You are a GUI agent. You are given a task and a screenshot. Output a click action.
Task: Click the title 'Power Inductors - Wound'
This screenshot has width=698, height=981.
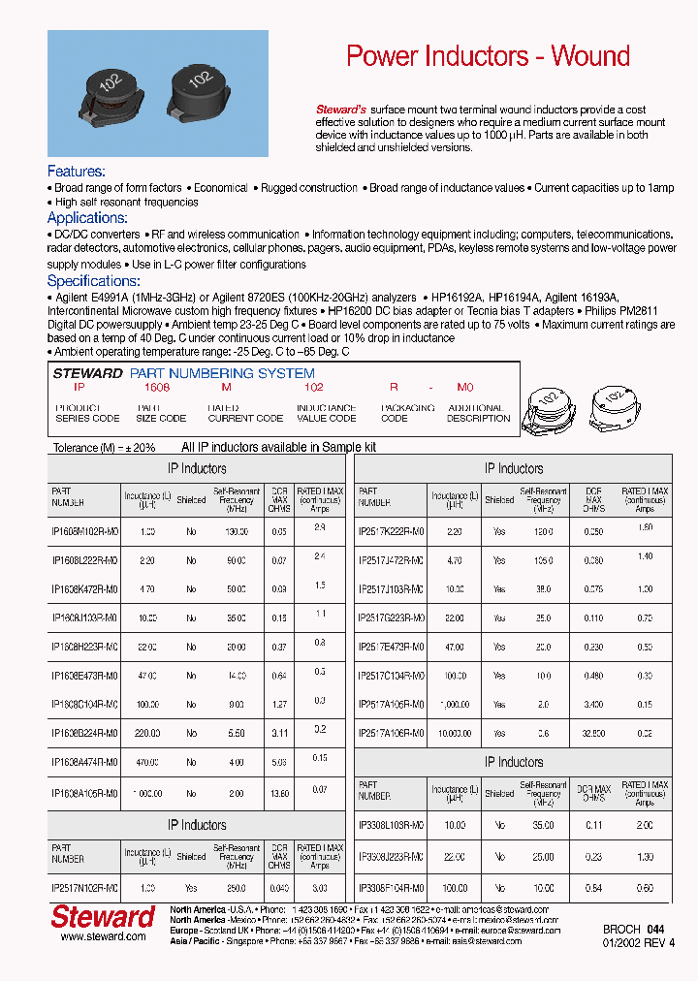(x=488, y=56)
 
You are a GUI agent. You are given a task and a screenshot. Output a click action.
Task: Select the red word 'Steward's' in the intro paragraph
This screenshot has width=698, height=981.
(x=341, y=111)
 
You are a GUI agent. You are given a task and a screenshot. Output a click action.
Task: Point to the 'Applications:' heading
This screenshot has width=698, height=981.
(x=87, y=218)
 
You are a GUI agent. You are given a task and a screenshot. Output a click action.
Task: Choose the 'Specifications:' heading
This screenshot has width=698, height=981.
(x=94, y=280)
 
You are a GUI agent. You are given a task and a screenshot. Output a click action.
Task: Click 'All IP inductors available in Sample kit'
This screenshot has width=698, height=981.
(x=279, y=447)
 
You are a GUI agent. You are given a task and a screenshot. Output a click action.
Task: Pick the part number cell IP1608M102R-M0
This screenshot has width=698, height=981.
(x=84, y=532)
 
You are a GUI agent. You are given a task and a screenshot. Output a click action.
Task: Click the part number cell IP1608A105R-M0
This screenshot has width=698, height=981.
(x=84, y=793)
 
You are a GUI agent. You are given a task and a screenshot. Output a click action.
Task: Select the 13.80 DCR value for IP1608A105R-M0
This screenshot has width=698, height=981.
(x=279, y=793)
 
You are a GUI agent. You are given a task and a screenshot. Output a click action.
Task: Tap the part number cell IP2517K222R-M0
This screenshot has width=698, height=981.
(x=391, y=532)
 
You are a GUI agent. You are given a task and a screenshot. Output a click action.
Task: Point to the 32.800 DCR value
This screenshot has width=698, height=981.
(x=592, y=734)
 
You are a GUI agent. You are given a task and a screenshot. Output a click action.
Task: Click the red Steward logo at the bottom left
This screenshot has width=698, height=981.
(x=102, y=917)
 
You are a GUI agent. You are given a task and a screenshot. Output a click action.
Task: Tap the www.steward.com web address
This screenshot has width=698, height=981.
(x=103, y=936)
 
